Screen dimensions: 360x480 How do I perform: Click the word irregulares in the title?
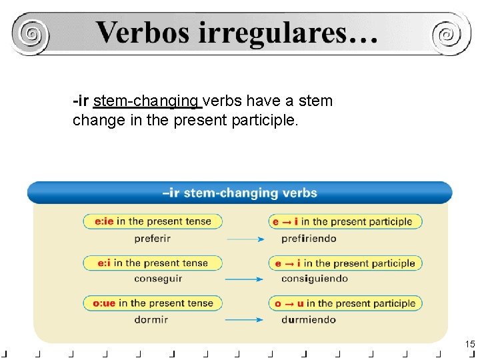(x=287, y=32)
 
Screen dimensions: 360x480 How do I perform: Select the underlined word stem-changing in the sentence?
(x=147, y=101)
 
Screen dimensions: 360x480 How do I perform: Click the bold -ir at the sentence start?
(x=81, y=101)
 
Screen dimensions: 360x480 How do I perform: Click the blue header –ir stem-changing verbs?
(x=239, y=193)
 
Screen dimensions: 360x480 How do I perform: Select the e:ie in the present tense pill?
(x=153, y=221)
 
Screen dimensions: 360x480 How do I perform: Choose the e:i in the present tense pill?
(x=153, y=263)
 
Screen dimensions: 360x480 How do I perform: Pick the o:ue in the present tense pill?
(x=153, y=303)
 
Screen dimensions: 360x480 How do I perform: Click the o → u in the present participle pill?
(x=345, y=303)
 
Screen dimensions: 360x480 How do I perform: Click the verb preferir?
(x=152, y=238)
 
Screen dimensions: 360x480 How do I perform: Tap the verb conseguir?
(x=158, y=279)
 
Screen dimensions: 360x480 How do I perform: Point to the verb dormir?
(x=151, y=319)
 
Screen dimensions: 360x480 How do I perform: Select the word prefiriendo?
(x=309, y=238)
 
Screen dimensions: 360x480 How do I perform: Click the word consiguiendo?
(x=314, y=279)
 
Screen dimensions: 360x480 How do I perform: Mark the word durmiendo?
(x=309, y=319)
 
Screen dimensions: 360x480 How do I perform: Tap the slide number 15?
(x=470, y=344)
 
